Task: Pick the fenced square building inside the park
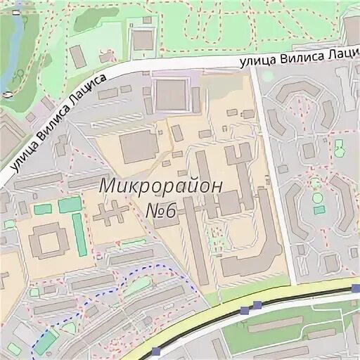coord(143,39)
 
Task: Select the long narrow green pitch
coord(79,235)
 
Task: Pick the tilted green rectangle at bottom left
coord(68,328)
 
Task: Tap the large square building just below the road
coord(172,95)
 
